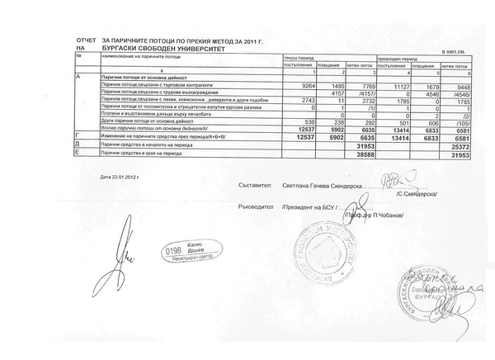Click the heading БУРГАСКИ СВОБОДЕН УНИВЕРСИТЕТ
click(157, 49)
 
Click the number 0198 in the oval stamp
click(174, 248)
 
